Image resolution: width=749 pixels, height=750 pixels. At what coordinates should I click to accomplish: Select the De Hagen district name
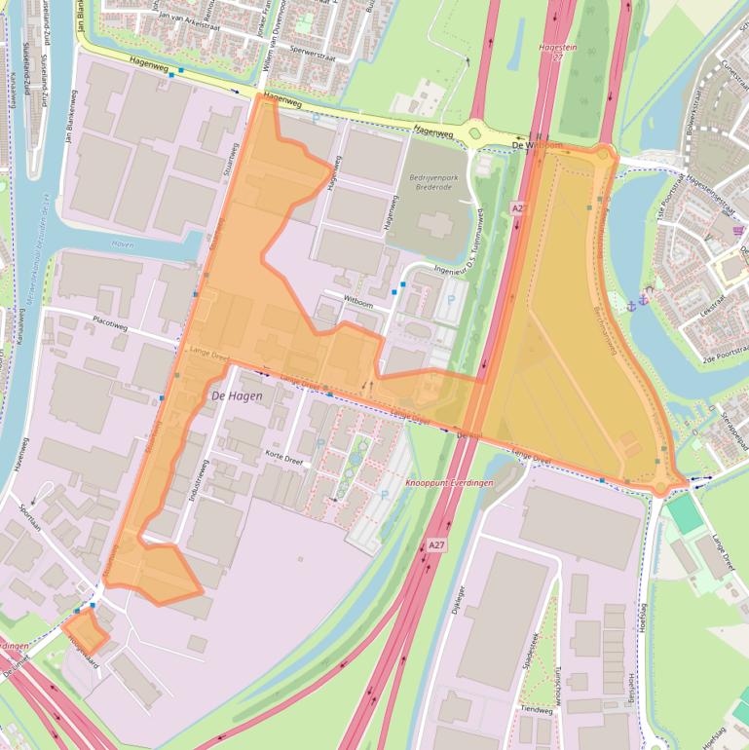(237, 395)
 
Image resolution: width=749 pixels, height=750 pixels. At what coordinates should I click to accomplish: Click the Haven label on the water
(123, 244)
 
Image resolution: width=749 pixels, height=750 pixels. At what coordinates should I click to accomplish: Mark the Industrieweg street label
(206, 480)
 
